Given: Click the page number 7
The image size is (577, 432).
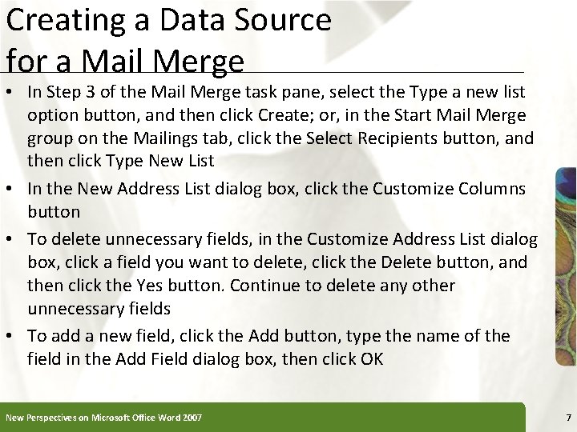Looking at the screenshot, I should [567, 417].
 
